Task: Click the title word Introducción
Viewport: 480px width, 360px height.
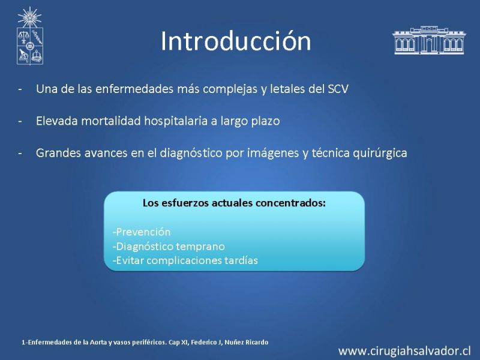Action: [x=236, y=41]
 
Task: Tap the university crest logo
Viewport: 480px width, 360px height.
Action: [x=29, y=36]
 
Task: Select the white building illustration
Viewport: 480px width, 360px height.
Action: [x=429, y=40]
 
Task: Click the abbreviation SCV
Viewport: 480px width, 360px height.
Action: [x=338, y=89]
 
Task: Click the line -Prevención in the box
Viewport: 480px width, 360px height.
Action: [x=142, y=232]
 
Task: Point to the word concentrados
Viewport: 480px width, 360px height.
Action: [x=290, y=203]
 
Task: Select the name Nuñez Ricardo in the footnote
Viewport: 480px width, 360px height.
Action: [x=246, y=342]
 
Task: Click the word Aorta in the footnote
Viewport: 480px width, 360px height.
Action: [x=98, y=342]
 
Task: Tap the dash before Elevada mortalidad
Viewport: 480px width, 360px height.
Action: [x=20, y=121]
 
